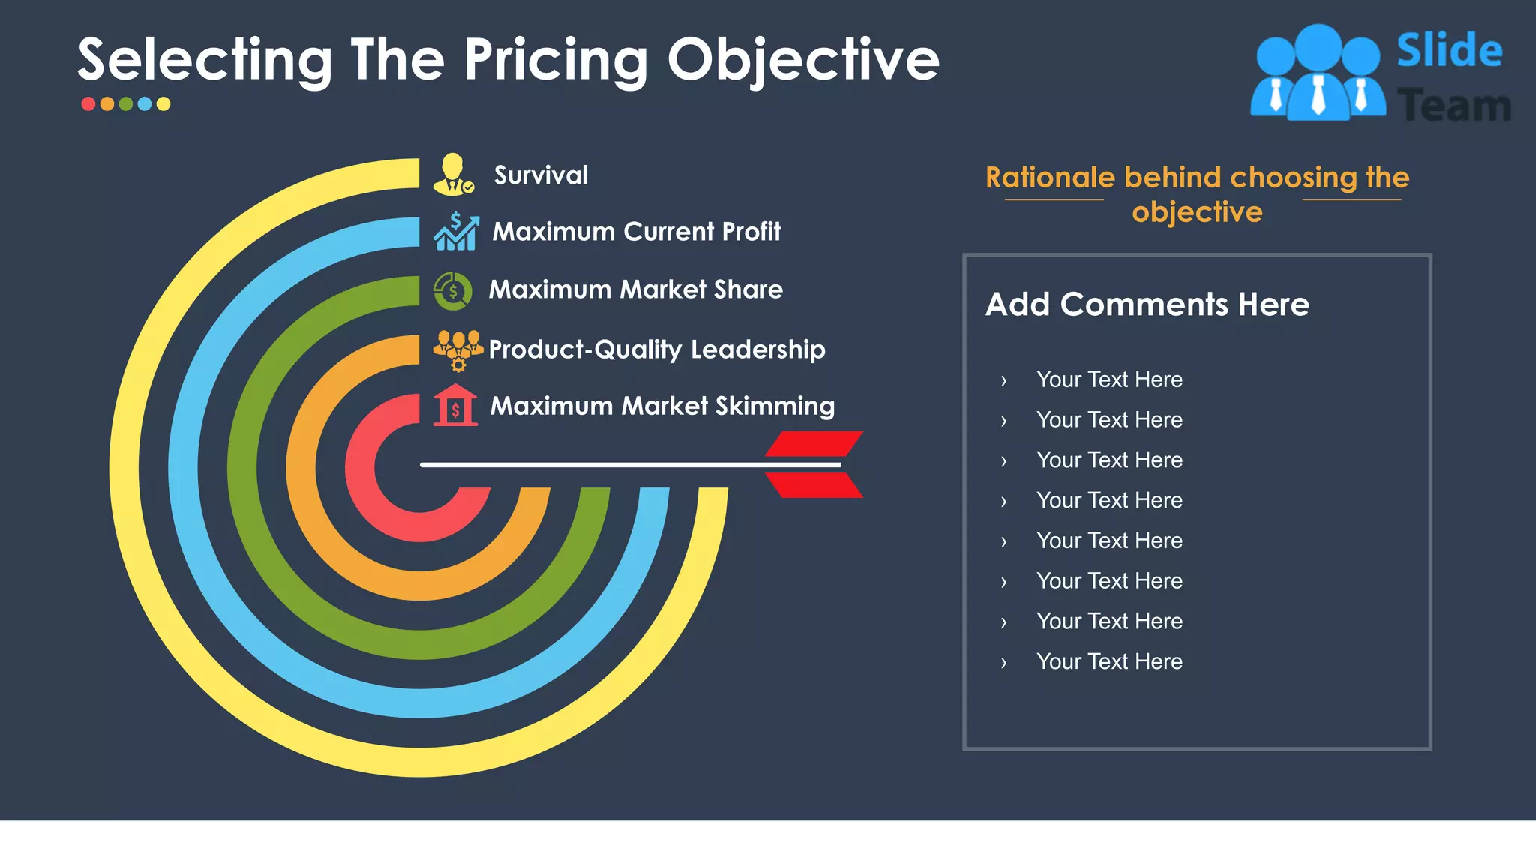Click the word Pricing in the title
[556, 60]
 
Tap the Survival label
[541, 175]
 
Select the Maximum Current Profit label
[636, 232]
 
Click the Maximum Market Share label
[635, 289]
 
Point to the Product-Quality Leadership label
[656, 349]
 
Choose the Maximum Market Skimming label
[661, 406]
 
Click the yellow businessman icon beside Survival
[453, 175]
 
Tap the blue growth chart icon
[455, 231]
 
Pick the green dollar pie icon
[452, 290]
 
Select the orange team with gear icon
[457, 349]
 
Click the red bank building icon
[454, 406]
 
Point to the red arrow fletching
[814, 464]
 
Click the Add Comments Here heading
[1147, 304]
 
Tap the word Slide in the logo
[1449, 51]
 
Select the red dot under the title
[88, 104]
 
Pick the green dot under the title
[126, 104]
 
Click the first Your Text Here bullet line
[1108, 379]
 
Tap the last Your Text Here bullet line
[1108, 661]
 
